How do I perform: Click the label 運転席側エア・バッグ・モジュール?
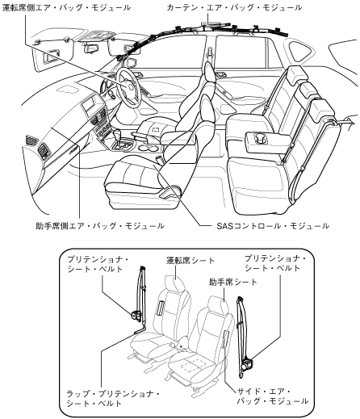pyautogui.click(x=66, y=7)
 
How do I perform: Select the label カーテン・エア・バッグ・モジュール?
pyautogui.click(x=234, y=7)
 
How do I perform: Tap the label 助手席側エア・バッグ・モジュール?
pyautogui.click(x=100, y=225)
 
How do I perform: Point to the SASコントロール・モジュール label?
pyautogui.click(x=273, y=225)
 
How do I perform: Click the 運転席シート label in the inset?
pyautogui.click(x=190, y=261)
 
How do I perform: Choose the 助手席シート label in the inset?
pyautogui.click(x=233, y=282)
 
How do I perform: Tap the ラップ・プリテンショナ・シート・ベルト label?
pyautogui.click(x=113, y=399)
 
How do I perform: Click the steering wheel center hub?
pyautogui.click(x=131, y=86)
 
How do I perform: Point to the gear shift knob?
pyautogui.click(x=118, y=133)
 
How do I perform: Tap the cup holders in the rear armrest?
pyautogui.click(x=259, y=139)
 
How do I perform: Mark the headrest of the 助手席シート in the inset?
pyautogui.click(x=218, y=304)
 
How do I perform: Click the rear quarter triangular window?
pyautogui.click(x=300, y=51)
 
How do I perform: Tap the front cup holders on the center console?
pyautogui.click(x=151, y=148)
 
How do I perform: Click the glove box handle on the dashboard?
pyautogui.click(x=74, y=151)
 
